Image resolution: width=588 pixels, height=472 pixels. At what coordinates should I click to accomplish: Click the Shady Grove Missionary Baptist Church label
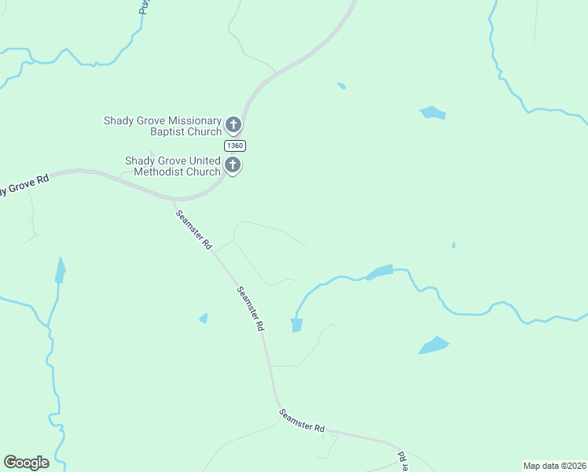(x=163, y=126)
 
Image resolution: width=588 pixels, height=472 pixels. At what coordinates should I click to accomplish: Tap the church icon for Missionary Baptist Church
(x=233, y=124)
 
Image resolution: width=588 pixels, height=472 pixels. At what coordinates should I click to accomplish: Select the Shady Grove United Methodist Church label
(x=173, y=166)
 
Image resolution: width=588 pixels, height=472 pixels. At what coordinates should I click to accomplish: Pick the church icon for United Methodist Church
(x=233, y=165)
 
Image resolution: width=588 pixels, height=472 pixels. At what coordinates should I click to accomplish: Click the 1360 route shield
(x=234, y=146)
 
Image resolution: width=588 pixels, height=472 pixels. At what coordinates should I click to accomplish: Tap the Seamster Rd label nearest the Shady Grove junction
(x=193, y=230)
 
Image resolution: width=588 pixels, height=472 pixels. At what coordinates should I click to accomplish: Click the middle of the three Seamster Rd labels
(x=250, y=308)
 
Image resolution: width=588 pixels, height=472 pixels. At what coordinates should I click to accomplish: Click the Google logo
(x=26, y=463)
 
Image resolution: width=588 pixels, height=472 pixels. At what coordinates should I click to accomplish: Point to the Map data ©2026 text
(x=554, y=466)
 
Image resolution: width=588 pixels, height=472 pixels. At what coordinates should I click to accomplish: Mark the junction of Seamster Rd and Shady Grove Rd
(x=175, y=200)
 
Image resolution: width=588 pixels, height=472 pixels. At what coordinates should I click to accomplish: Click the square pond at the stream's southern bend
(x=296, y=325)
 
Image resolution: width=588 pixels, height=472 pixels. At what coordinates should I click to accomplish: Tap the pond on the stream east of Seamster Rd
(x=380, y=272)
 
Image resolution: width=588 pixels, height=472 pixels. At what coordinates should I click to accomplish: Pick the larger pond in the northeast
(x=433, y=112)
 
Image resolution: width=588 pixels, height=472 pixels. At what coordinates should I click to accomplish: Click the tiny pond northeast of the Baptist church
(x=341, y=85)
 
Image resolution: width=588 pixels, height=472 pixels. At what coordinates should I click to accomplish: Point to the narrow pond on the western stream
(x=60, y=271)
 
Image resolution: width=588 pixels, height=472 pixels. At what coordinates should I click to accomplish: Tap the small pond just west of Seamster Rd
(x=204, y=318)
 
